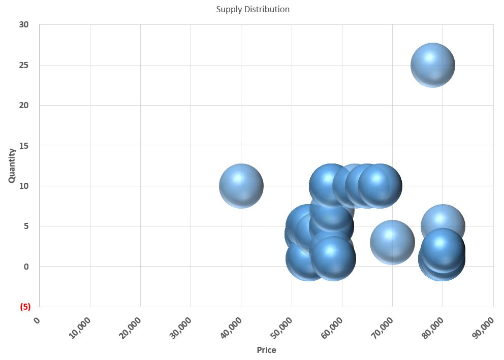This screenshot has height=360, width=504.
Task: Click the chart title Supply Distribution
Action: click(253, 9)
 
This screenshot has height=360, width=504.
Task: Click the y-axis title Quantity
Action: click(12, 165)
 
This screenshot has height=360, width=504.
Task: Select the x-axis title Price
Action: click(266, 350)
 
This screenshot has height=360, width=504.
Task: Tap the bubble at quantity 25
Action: click(432, 65)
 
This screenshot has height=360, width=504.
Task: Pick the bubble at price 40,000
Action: click(241, 186)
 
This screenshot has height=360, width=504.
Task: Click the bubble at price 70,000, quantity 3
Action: click(392, 242)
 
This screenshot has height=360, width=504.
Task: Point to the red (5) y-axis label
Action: click(25, 307)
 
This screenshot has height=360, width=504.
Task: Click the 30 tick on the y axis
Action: click(24, 25)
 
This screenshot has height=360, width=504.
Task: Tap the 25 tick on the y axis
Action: click(24, 65)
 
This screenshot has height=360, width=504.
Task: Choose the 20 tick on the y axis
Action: click(24, 106)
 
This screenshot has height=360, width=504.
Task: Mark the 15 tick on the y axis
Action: click(24, 146)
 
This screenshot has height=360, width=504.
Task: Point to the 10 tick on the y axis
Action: click(24, 186)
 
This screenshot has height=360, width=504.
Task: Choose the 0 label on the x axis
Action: click(36, 320)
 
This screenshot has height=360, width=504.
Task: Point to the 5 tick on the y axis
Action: click(26, 226)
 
